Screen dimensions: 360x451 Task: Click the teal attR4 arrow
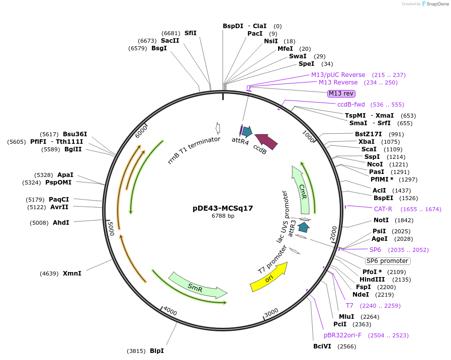tap(247, 132)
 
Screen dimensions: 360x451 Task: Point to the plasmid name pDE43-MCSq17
tap(223, 208)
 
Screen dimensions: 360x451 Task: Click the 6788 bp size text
tap(223, 216)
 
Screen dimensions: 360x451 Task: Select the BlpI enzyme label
tap(156, 350)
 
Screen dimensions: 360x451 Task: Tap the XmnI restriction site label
tap(72, 274)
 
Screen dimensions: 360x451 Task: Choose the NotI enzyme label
tap(381, 220)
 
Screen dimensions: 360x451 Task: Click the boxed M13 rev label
tap(341, 94)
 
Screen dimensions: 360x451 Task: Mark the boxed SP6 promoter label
tap(387, 261)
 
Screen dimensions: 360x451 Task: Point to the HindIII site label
tap(372, 280)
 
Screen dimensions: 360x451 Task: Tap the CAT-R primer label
tap(383, 209)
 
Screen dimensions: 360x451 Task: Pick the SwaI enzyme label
tap(298, 56)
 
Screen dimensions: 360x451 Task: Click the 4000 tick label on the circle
tap(170, 311)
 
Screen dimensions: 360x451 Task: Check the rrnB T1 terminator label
tap(194, 150)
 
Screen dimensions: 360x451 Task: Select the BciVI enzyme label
tap(322, 346)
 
